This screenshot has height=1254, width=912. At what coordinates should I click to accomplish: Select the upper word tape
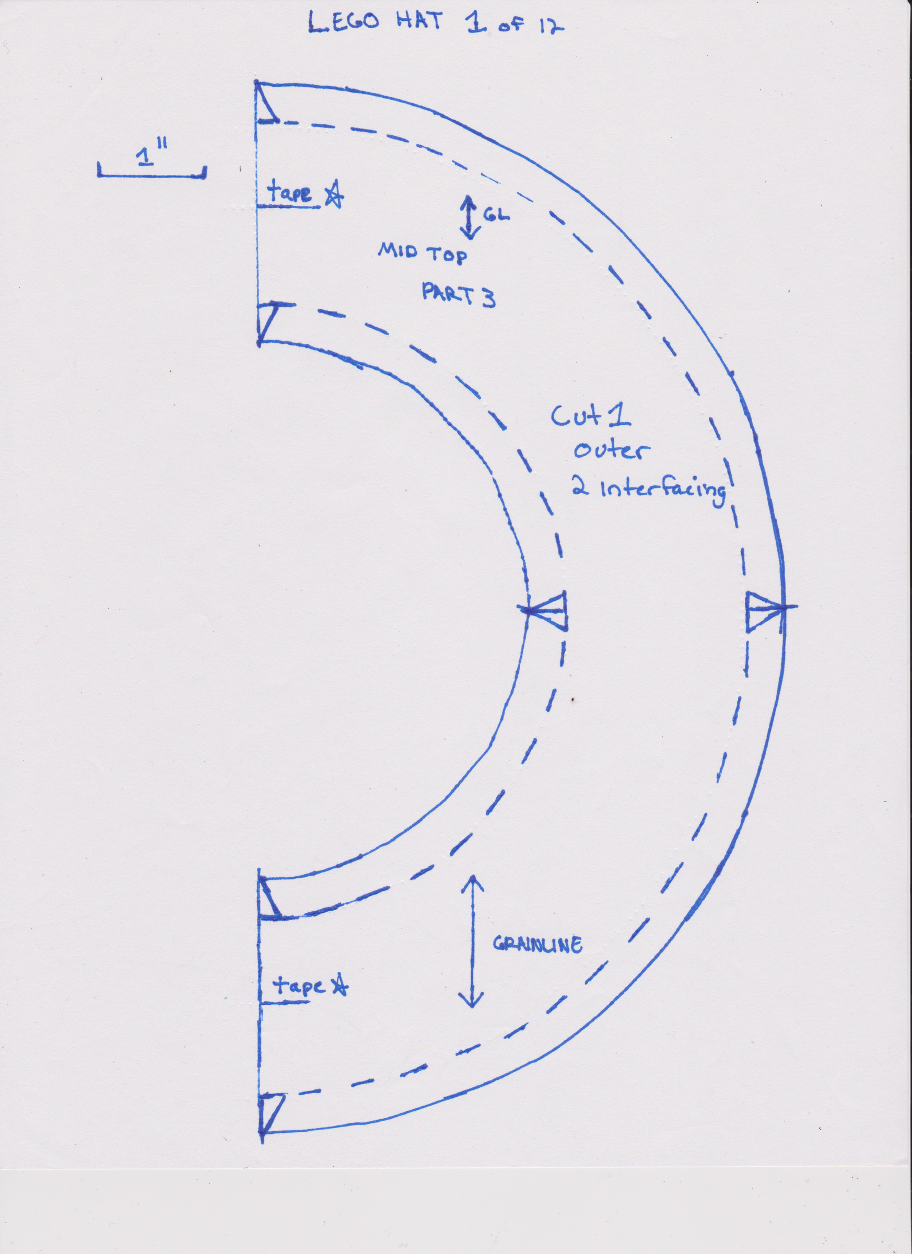pyautogui.click(x=289, y=193)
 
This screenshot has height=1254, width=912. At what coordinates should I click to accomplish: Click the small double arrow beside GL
pyautogui.click(x=469, y=217)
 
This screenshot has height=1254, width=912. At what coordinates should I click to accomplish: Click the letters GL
pyautogui.click(x=496, y=215)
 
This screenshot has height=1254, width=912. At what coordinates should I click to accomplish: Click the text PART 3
pyautogui.click(x=458, y=295)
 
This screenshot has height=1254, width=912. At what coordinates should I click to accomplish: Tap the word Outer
pyautogui.click(x=610, y=450)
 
